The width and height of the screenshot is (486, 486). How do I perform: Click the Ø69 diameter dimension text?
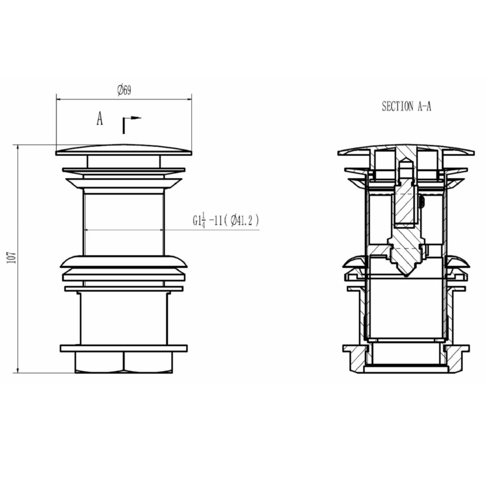(x=124, y=90)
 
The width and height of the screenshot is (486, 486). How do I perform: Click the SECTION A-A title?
(x=406, y=106)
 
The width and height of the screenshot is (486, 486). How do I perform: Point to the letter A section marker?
(x=99, y=119)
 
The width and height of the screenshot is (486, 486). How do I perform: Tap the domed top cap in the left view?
(x=124, y=150)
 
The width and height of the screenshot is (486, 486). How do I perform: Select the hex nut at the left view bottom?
(x=124, y=362)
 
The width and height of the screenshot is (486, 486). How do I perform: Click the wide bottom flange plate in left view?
(x=124, y=348)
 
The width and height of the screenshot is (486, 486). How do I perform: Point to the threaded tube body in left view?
(x=124, y=222)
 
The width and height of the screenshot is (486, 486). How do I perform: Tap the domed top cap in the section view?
(x=406, y=149)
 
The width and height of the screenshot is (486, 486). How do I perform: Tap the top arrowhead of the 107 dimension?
(x=17, y=147)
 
